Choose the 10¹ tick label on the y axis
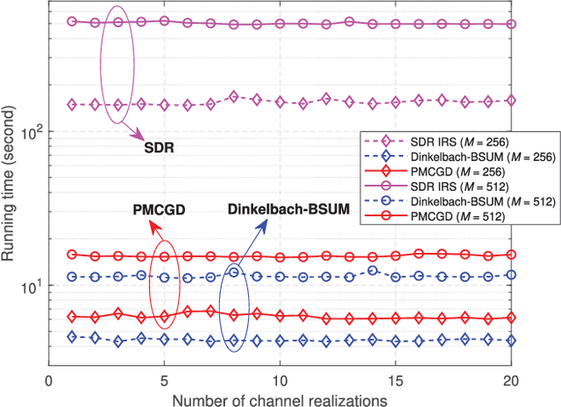pyautogui.click(x=29, y=285)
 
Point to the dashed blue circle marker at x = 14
pyautogui.click(x=373, y=270)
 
